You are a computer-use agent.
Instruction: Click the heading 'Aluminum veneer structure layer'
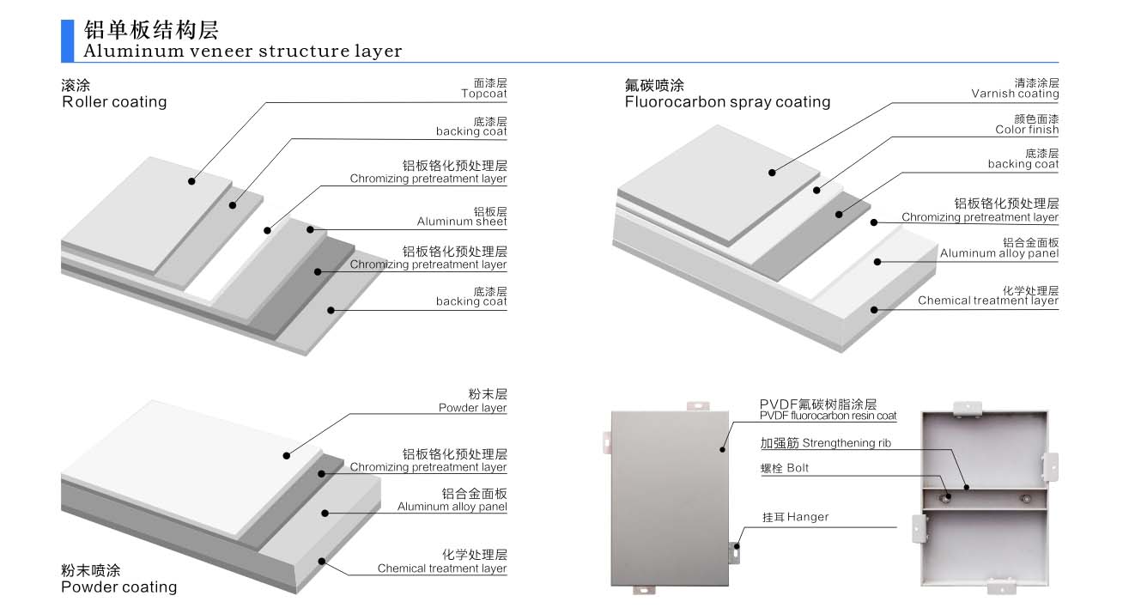(243, 51)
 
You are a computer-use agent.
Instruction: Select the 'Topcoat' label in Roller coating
(483, 94)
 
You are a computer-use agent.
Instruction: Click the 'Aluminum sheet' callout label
(462, 222)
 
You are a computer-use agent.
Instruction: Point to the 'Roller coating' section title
(114, 101)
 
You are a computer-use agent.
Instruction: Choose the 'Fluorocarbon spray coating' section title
(727, 101)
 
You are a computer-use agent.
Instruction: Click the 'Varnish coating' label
(1015, 94)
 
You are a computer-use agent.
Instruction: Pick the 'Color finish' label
(1027, 130)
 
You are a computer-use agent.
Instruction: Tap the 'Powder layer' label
(472, 408)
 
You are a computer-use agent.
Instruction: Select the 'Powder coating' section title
(118, 587)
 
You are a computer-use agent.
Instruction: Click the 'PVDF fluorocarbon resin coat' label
(828, 416)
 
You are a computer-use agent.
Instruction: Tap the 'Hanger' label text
(807, 517)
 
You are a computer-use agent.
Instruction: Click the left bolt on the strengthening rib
(947, 497)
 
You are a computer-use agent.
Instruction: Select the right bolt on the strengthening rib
(1024, 497)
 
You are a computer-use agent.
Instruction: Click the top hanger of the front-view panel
(697, 404)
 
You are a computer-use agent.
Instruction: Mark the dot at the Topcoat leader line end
(191, 181)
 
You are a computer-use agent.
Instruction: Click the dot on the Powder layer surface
(287, 454)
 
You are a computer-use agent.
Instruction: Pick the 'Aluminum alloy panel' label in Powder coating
(452, 507)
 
